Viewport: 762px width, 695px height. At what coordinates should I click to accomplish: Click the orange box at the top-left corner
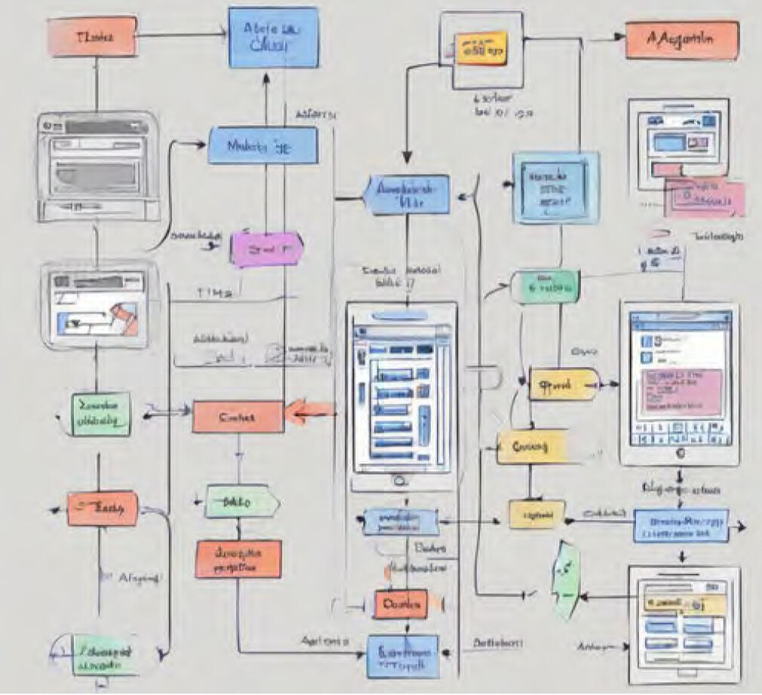click(93, 37)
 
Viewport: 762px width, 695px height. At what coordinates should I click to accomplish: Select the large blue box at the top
click(273, 38)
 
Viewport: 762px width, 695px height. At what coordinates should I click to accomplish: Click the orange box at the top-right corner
click(681, 40)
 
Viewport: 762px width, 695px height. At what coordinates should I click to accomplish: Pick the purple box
click(266, 248)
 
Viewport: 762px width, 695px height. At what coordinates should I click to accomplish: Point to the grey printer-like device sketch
click(100, 167)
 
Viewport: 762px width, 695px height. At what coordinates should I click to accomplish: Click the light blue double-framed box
click(556, 188)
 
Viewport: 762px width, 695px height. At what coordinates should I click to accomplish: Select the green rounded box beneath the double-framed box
click(545, 287)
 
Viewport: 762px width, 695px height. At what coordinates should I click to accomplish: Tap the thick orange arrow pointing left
click(310, 412)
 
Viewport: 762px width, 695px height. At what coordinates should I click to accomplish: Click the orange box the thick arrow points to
click(238, 417)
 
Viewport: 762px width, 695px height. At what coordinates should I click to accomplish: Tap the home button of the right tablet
click(681, 455)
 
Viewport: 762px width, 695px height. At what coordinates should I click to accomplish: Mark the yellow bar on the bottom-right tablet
click(683, 604)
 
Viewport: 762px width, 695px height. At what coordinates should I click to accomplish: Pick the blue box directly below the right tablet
click(681, 525)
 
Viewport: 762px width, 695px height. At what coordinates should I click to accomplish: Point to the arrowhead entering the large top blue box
click(266, 77)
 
